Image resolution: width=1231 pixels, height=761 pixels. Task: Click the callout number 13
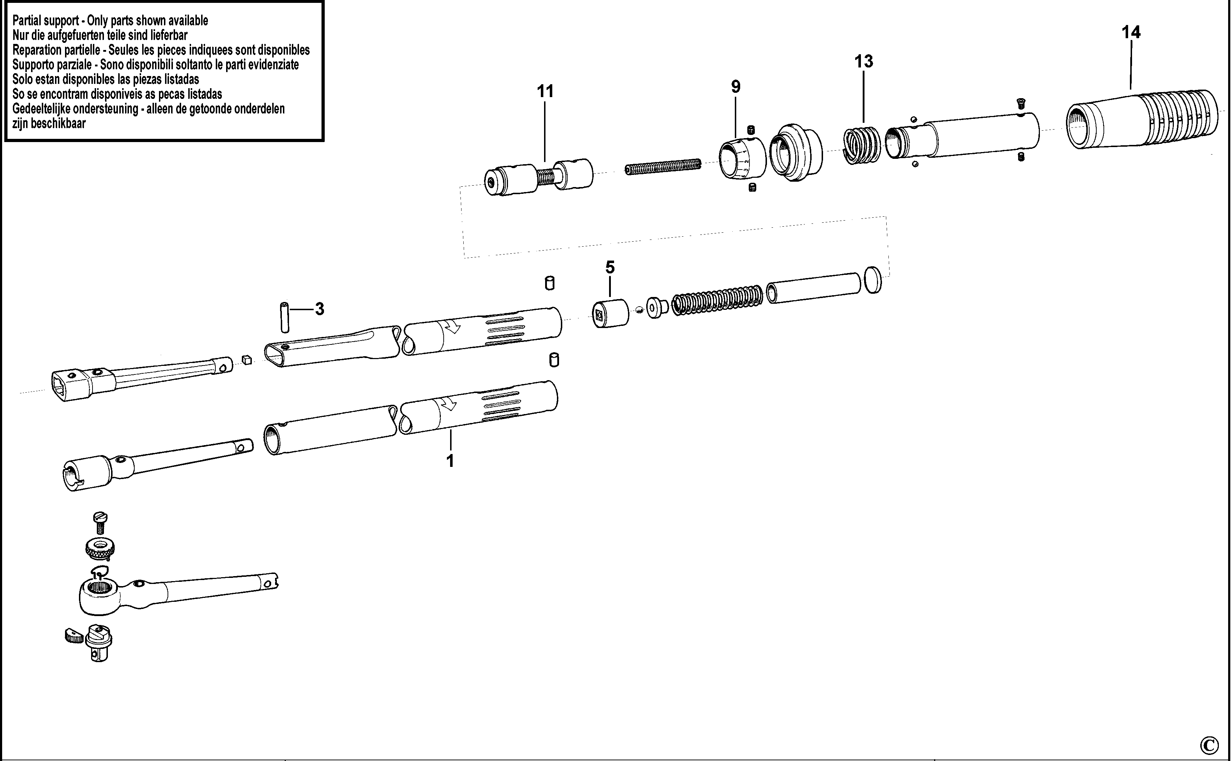[x=863, y=61]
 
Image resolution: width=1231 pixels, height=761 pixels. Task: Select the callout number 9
[x=736, y=87]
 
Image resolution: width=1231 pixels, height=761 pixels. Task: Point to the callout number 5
[x=610, y=267]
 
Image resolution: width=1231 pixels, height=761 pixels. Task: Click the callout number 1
[x=450, y=460]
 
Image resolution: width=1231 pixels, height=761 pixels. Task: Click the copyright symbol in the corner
[x=1209, y=744]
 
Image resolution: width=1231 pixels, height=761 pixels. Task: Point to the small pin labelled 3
[x=285, y=317]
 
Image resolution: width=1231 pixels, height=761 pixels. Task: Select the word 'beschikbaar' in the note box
[x=58, y=123]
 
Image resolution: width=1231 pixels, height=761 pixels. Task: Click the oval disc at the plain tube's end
[x=873, y=280]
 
